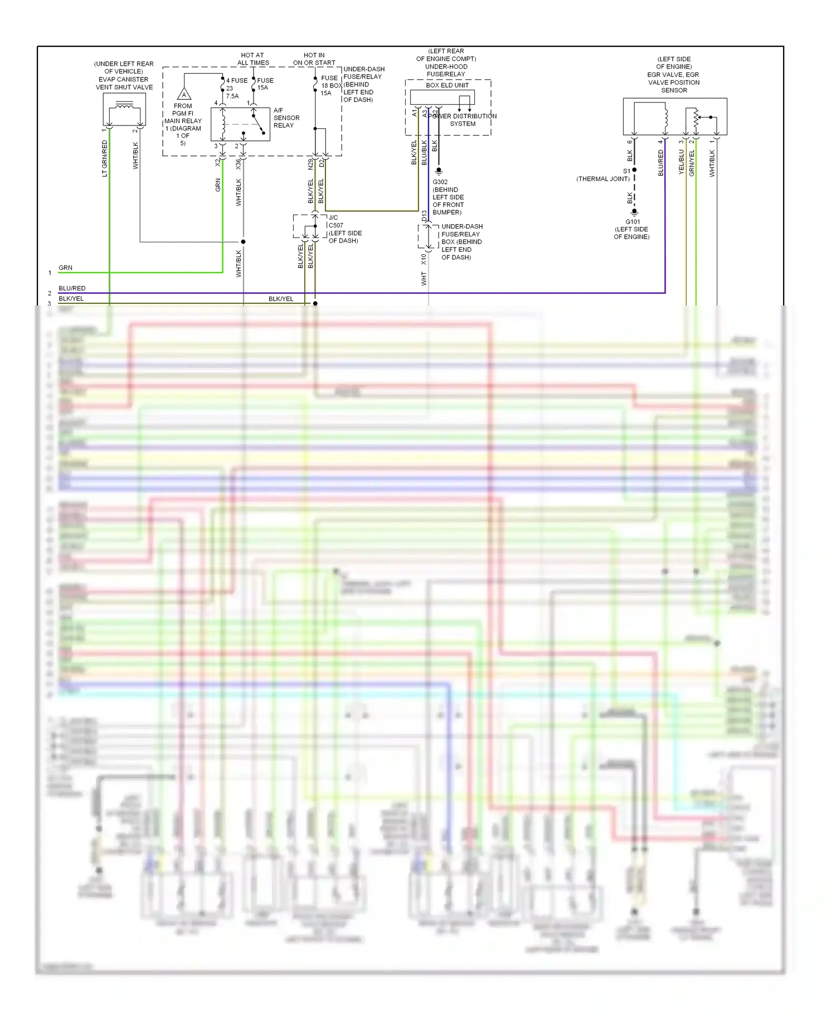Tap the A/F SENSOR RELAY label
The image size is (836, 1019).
click(x=286, y=118)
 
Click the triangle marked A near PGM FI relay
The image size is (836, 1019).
click(x=184, y=94)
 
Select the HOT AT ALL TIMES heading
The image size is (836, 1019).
click(x=252, y=59)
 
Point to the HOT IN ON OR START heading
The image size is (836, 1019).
click(x=314, y=59)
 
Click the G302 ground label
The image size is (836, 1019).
click(x=440, y=182)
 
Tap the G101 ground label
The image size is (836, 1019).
click(x=633, y=221)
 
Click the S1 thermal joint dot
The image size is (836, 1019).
click(x=634, y=170)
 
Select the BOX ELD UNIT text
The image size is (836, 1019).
click(x=447, y=85)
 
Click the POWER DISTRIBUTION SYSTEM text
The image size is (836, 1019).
click(x=463, y=120)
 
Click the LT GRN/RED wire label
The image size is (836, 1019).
click(x=105, y=159)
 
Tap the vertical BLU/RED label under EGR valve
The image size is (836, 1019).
click(x=661, y=163)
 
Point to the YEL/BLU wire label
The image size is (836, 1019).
click(x=681, y=162)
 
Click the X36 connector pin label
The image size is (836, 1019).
click(x=238, y=164)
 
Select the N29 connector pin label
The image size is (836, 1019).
click(x=310, y=164)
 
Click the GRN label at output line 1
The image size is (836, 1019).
click(x=65, y=268)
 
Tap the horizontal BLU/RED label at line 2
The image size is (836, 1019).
click(x=72, y=288)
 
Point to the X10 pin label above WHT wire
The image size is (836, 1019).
click(x=424, y=259)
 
